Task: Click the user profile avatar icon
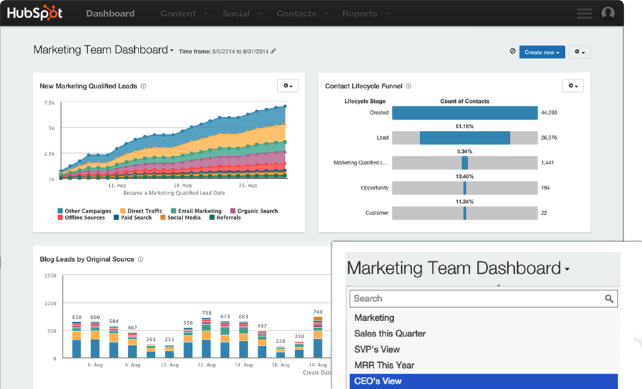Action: point(608,13)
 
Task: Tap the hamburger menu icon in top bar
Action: point(584,13)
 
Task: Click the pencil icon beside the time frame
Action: point(273,51)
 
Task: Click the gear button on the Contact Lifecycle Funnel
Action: point(573,86)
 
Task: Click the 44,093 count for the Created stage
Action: point(549,113)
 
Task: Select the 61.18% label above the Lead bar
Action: point(465,126)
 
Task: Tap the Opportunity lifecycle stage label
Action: point(374,188)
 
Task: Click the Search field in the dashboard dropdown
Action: point(476,299)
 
